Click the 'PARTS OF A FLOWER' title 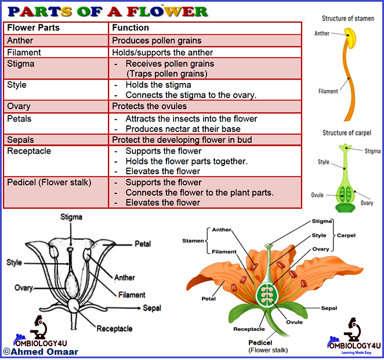tap(108, 11)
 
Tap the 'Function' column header tap(131, 28)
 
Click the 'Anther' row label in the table tap(20, 41)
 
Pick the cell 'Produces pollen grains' tap(157, 41)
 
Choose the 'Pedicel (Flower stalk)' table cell tap(49, 182)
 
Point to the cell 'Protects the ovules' tap(149, 106)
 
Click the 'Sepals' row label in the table tap(20, 139)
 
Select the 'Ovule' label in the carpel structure tap(316, 195)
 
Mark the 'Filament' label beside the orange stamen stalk tap(328, 91)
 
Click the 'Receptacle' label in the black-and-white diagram tap(114, 329)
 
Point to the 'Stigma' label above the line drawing tap(71, 217)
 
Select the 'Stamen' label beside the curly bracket tap(193, 240)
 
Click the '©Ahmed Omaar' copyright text tap(41, 351)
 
